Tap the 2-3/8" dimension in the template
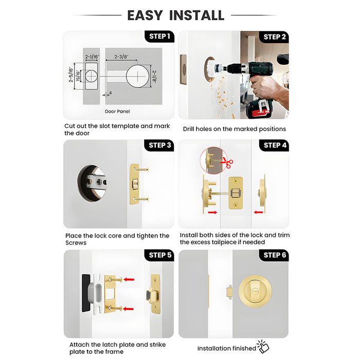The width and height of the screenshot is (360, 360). click(121, 57)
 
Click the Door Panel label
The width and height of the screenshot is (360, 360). click(117, 111)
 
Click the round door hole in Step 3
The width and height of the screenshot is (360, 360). click(93, 183)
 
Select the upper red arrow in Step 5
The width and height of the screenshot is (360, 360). click(129, 280)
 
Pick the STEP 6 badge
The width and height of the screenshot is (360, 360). click(275, 255)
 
